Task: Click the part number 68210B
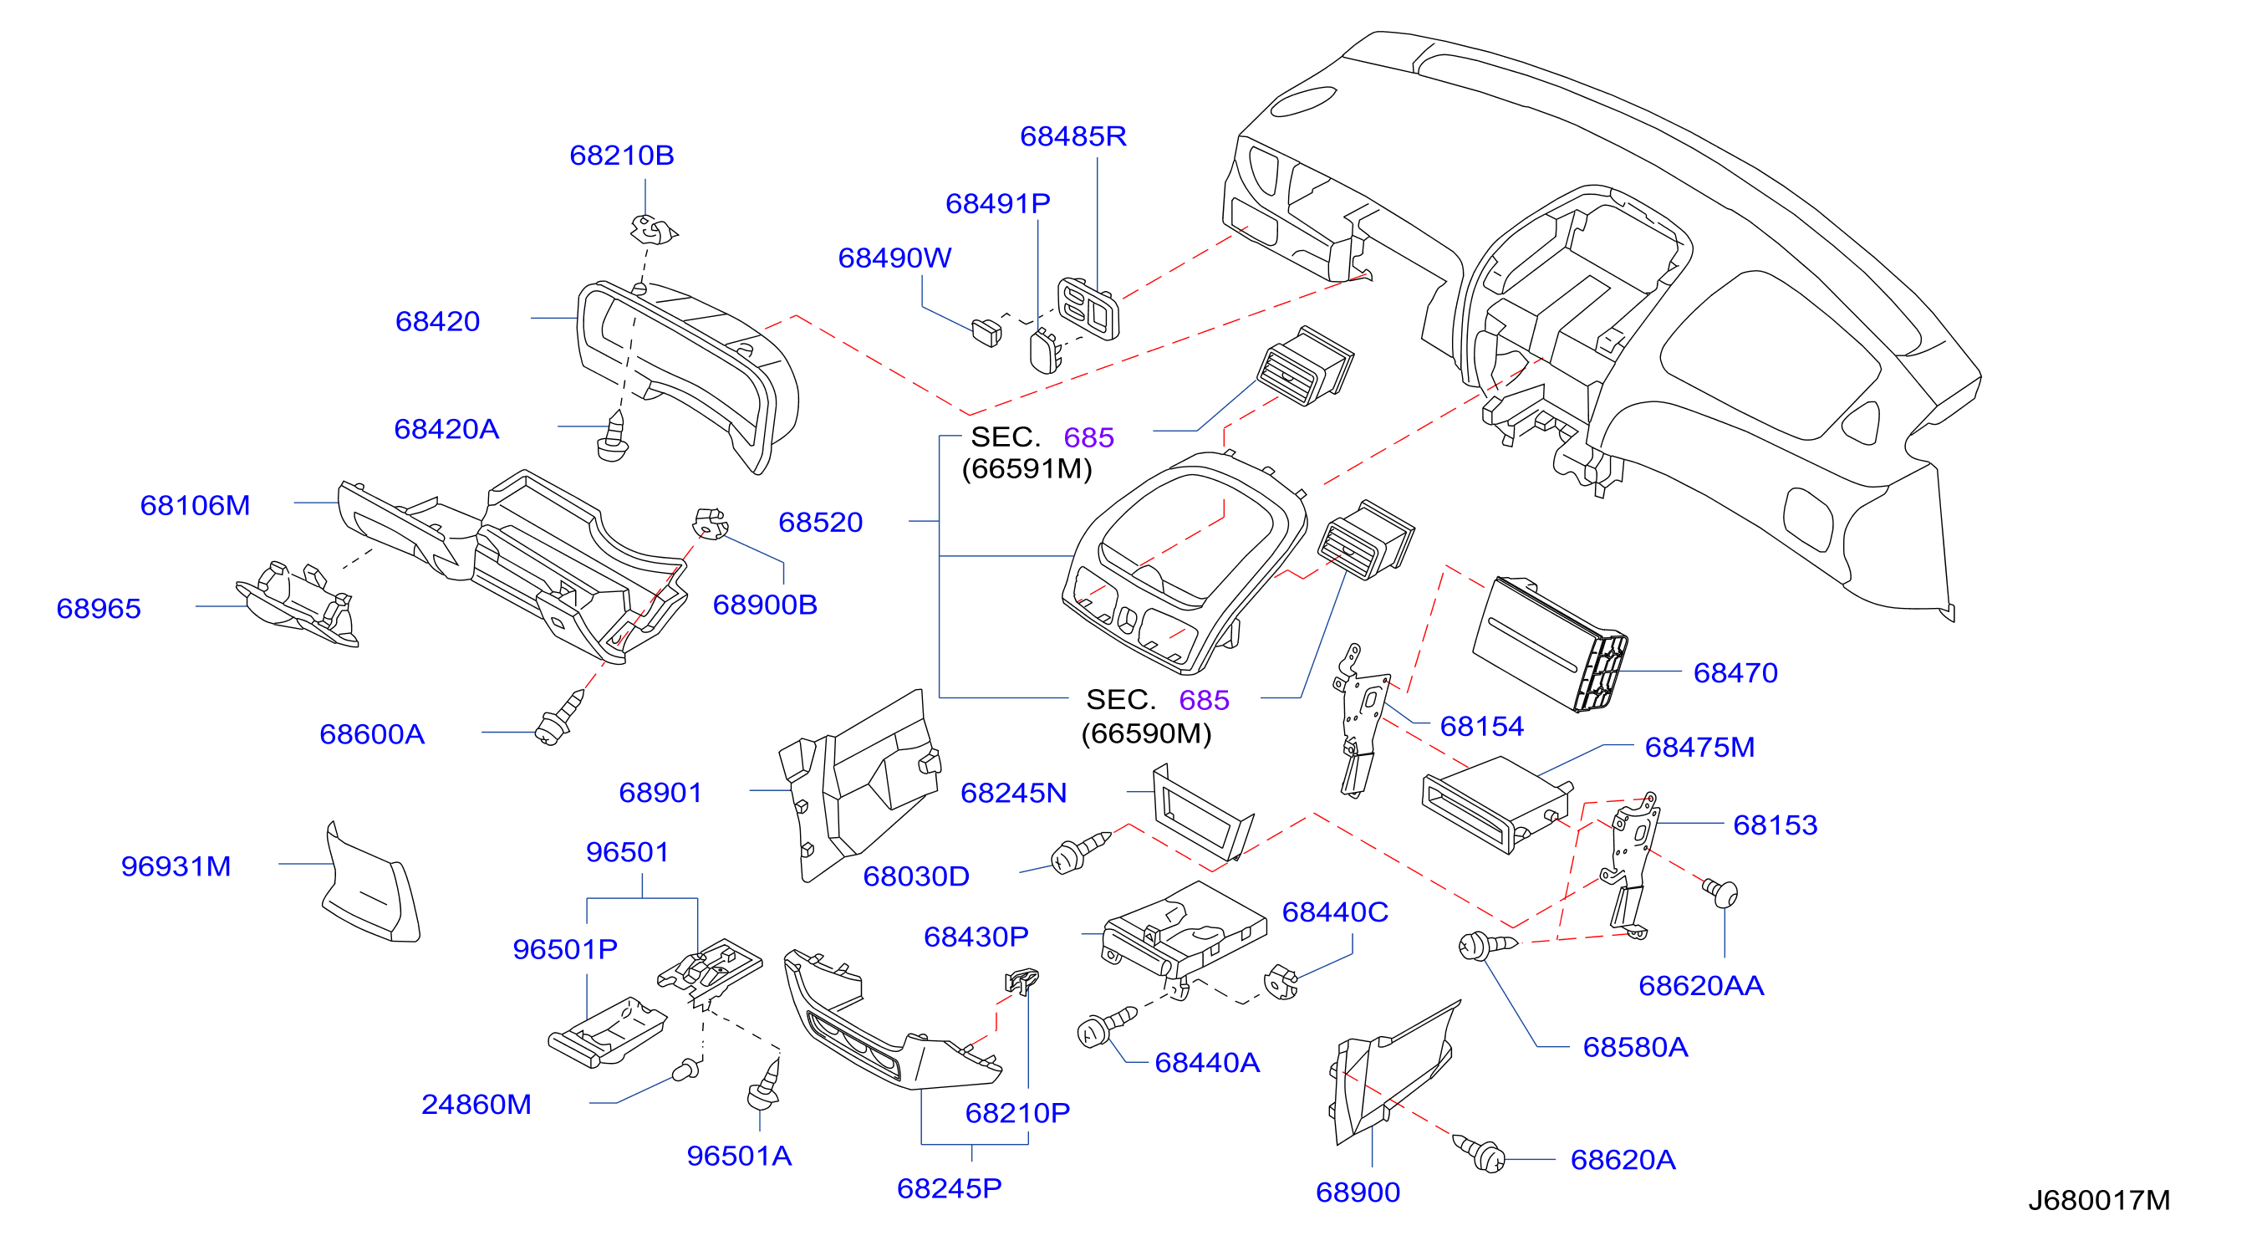[x=621, y=156]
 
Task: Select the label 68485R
[x=1072, y=135]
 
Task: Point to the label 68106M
[x=195, y=505]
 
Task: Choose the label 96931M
[x=176, y=866]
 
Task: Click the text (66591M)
[x=1027, y=469]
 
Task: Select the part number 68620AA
[x=1700, y=985]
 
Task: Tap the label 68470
[x=1735, y=672]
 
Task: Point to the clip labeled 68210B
[x=654, y=230]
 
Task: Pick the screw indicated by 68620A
[x=1479, y=1152]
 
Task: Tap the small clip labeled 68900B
[x=711, y=523]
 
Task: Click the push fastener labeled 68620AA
[x=1719, y=892]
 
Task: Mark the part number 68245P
[x=949, y=1187]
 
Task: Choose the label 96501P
[x=564, y=948]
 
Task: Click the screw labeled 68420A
[x=613, y=437]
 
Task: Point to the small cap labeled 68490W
[x=986, y=332]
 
